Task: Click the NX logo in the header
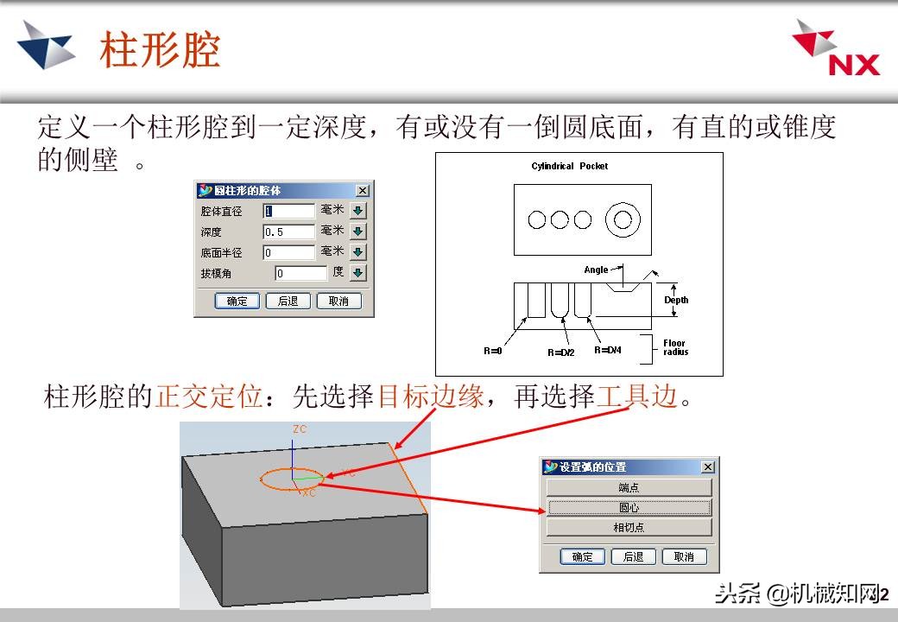pyautogui.click(x=835, y=50)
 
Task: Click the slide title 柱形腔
pyautogui.click(x=160, y=50)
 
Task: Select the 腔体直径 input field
pyautogui.click(x=288, y=211)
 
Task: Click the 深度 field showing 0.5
pyautogui.click(x=288, y=232)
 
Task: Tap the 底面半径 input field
pyautogui.click(x=288, y=252)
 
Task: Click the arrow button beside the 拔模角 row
pyautogui.click(x=358, y=273)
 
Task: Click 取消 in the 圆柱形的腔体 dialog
pyautogui.click(x=338, y=301)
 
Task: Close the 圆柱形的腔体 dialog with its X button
pyautogui.click(x=363, y=190)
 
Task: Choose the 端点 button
pyautogui.click(x=629, y=487)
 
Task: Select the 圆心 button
pyautogui.click(x=629, y=507)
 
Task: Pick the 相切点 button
pyautogui.click(x=629, y=527)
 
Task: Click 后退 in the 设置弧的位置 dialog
pyautogui.click(x=633, y=556)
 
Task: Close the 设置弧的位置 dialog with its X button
pyautogui.click(x=708, y=467)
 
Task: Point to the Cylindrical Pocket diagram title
pyautogui.click(x=569, y=166)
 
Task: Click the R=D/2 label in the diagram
pyautogui.click(x=561, y=352)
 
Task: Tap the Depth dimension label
pyautogui.click(x=676, y=300)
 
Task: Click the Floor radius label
pyautogui.click(x=675, y=347)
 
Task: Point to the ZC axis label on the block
pyautogui.click(x=300, y=429)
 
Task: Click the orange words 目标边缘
pyautogui.click(x=430, y=397)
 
